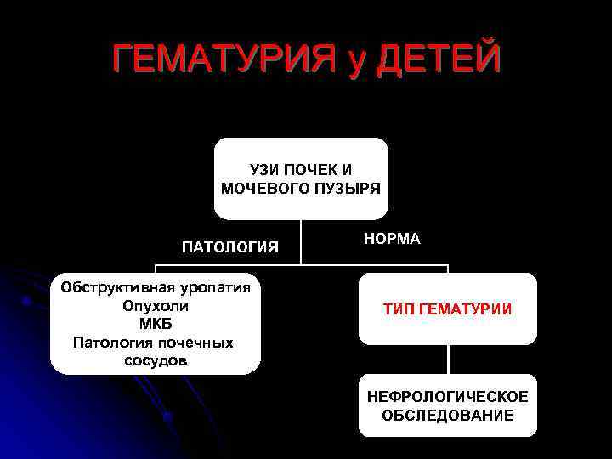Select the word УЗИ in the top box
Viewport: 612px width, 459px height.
click(264, 170)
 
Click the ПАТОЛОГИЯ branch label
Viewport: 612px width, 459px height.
click(230, 247)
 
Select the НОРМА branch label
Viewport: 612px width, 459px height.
click(392, 239)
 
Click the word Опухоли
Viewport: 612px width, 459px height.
click(156, 306)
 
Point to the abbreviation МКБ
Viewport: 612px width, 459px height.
click(156, 324)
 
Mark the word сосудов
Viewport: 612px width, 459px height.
click(156, 361)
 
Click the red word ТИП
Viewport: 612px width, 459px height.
click(399, 309)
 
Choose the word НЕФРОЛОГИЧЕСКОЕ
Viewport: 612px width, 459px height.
click(447, 397)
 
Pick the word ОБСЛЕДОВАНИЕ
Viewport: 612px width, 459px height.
click(447, 416)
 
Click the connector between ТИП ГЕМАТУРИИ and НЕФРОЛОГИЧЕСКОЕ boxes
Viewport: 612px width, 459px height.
click(448, 359)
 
